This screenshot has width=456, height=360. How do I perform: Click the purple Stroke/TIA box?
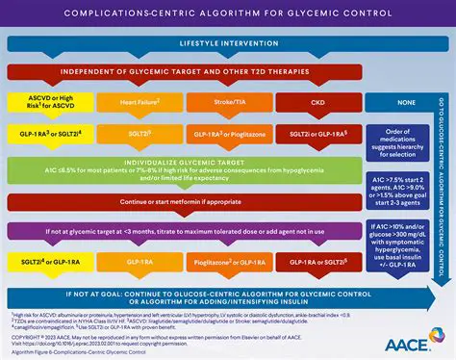[x=229, y=102]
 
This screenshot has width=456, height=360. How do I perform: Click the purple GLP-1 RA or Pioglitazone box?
[x=229, y=135]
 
